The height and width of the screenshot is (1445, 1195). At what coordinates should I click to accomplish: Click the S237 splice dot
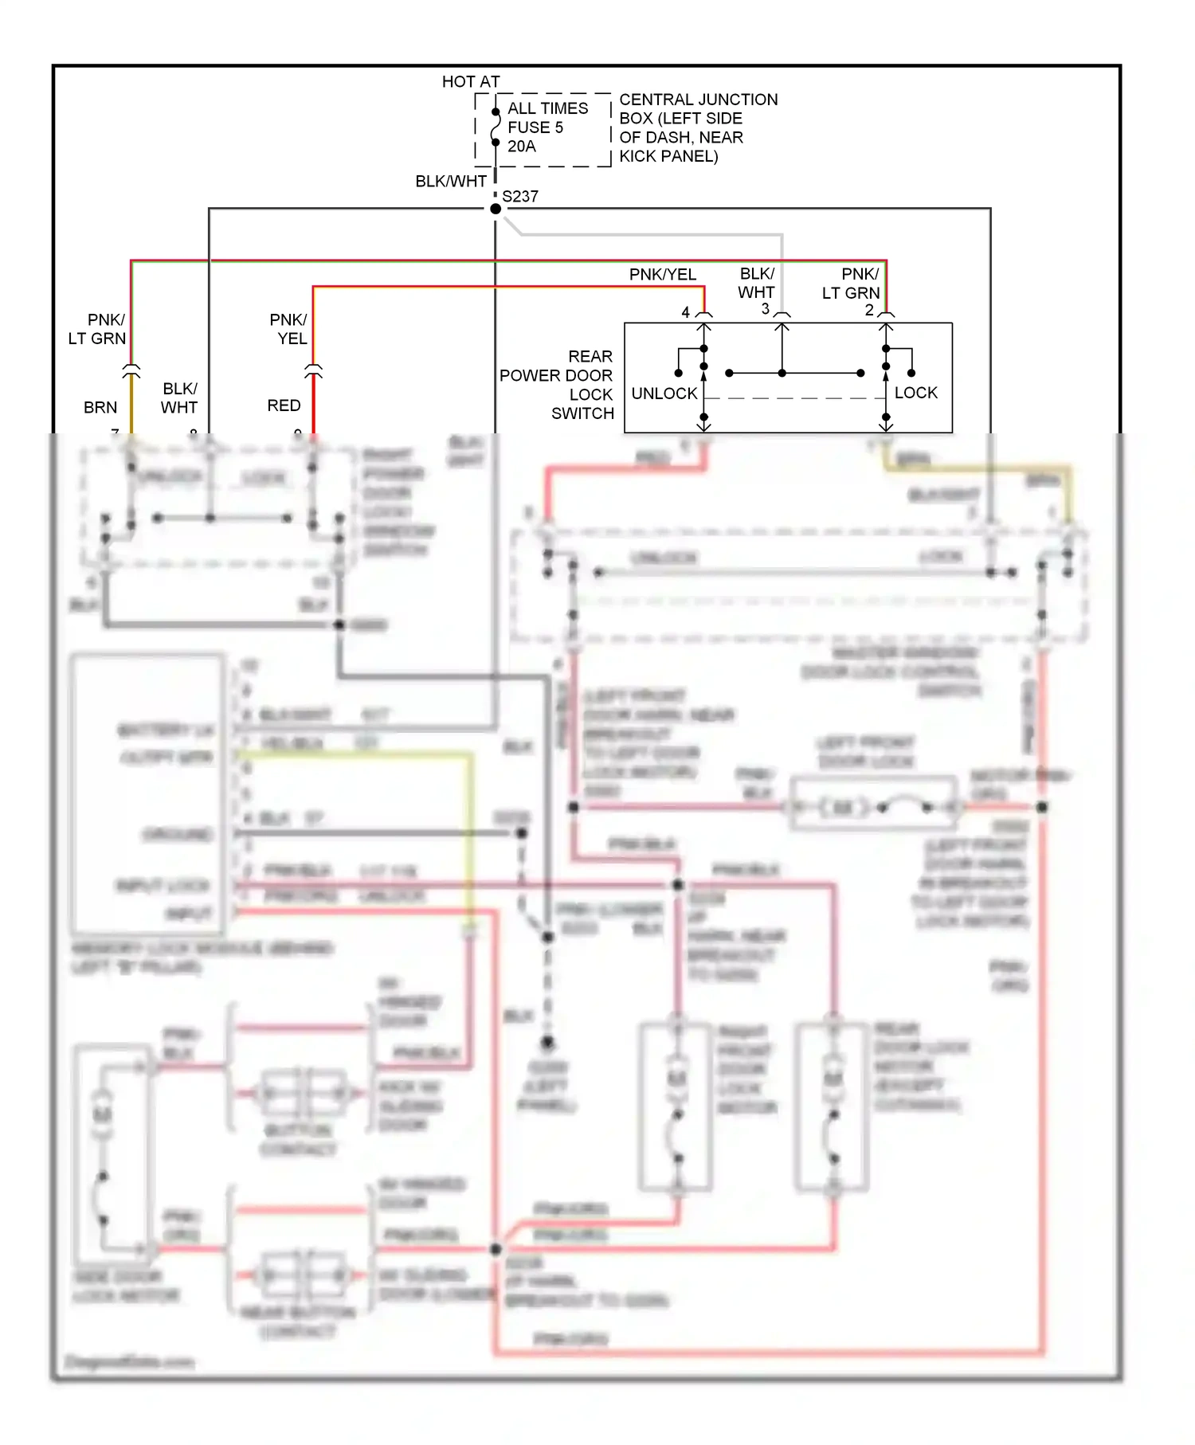[x=496, y=209]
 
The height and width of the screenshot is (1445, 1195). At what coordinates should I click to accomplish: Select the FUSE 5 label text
[x=535, y=127]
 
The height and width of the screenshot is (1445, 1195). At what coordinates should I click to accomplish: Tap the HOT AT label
[x=471, y=82]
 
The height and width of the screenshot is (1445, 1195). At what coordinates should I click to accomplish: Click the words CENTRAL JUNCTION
[x=698, y=100]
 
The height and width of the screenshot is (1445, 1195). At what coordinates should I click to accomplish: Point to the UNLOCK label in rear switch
[x=664, y=394]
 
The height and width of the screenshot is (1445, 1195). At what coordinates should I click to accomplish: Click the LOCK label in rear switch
[x=915, y=393]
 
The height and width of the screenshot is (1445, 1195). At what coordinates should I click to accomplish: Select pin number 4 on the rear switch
[x=685, y=312]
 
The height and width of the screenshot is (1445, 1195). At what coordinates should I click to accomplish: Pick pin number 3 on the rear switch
[x=765, y=309]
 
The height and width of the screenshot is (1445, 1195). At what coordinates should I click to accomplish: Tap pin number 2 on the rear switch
[x=869, y=310]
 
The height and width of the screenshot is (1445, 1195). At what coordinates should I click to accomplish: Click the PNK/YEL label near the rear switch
[x=662, y=275]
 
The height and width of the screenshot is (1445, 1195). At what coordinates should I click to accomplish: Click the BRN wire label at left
[x=100, y=408]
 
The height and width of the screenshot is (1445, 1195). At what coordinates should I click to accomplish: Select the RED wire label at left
[x=284, y=405]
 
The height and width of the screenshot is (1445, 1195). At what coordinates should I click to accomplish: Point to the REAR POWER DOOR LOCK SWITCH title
[x=558, y=385]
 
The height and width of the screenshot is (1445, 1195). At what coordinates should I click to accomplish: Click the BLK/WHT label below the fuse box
[x=450, y=182]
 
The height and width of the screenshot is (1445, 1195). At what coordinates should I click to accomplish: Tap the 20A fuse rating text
[x=522, y=147]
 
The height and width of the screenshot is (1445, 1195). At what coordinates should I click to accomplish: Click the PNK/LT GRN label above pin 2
[x=852, y=284]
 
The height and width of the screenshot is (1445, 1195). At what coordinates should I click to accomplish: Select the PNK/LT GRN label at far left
[x=97, y=329]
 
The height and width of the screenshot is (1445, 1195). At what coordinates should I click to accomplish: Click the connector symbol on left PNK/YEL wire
[x=313, y=370]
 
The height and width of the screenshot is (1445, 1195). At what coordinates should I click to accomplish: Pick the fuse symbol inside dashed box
[x=496, y=127]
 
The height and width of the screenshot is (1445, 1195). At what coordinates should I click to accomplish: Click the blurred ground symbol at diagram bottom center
[x=548, y=1042]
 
